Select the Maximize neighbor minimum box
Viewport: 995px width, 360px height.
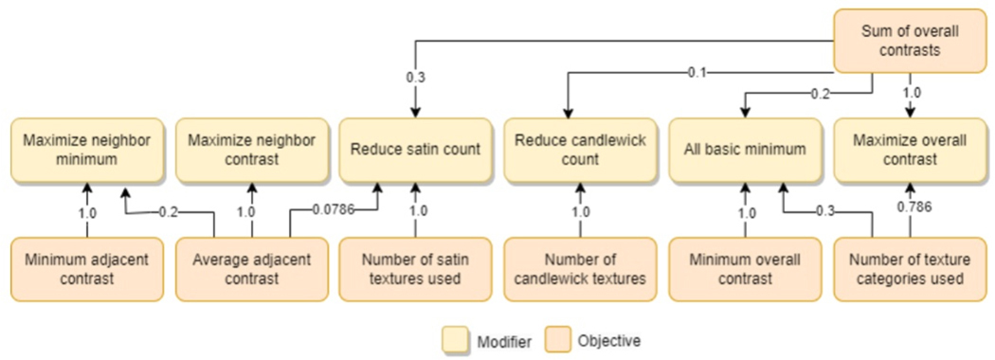click(87, 149)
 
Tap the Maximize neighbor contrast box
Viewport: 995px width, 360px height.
click(252, 149)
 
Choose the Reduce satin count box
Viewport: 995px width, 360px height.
click(416, 149)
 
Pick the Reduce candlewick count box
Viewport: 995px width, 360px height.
click(581, 149)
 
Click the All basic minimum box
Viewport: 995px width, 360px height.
click(745, 149)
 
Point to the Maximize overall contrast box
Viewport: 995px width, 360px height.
click(911, 149)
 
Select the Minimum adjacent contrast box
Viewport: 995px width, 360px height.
click(87, 268)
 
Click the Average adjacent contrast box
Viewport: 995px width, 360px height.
click(252, 268)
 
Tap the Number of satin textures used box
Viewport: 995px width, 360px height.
click(416, 268)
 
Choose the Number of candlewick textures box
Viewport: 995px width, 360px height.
click(581, 268)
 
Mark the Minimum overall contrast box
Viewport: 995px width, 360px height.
click(745, 268)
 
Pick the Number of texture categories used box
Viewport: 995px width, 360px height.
click(911, 268)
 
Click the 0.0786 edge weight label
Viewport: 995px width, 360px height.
click(335, 207)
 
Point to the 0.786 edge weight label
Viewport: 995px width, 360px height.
click(910, 207)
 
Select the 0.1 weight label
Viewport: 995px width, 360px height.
click(696, 72)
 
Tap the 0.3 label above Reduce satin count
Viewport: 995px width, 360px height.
click(416, 78)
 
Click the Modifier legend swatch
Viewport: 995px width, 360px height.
click(455, 340)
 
